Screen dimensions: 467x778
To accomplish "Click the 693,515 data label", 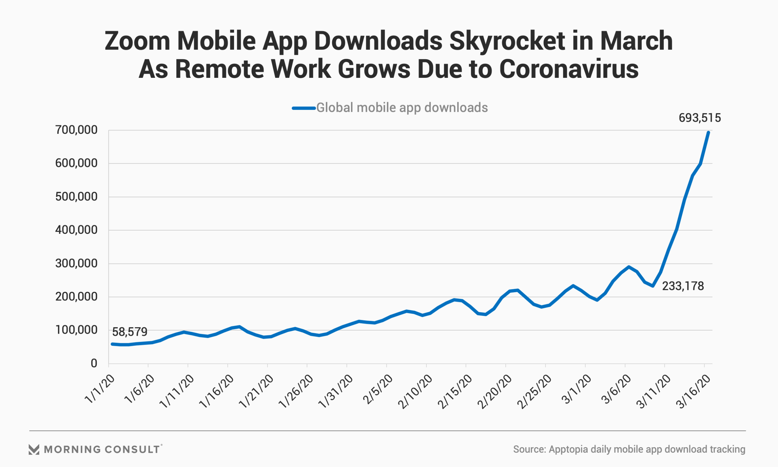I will pyautogui.click(x=700, y=118).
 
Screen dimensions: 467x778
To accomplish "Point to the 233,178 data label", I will pyautogui.click(x=683, y=286).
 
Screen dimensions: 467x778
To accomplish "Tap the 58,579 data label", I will pyautogui.click(x=130, y=332).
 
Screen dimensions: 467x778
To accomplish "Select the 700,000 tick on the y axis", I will pyautogui.click(x=77, y=130).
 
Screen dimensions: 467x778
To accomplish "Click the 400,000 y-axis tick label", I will pyautogui.click(x=77, y=230).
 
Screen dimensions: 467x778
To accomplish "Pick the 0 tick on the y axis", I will pyautogui.click(x=94, y=364).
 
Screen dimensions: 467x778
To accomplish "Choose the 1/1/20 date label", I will pyautogui.click(x=100, y=389).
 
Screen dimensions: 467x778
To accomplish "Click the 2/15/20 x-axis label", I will pyautogui.click(x=455, y=392).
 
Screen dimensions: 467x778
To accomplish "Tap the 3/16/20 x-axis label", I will pyautogui.click(x=694, y=392).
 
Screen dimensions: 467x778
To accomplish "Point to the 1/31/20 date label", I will pyautogui.click(x=336, y=392).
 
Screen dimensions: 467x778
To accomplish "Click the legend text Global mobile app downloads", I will pyautogui.click(x=402, y=108).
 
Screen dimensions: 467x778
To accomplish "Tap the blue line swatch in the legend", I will pyautogui.click(x=304, y=108).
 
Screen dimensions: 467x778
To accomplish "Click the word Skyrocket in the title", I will pyautogui.click(x=507, y=41).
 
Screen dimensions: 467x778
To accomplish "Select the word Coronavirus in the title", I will pyautogui.click(x=569, y=69).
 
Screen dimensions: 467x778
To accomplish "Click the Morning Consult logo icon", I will pyautogui.click(x=34, y=449).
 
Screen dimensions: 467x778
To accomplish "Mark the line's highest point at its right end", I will pyautogui.click(x=708, y=133).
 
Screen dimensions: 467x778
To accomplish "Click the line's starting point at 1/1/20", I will pyautogui.click(x=112, y=344).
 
